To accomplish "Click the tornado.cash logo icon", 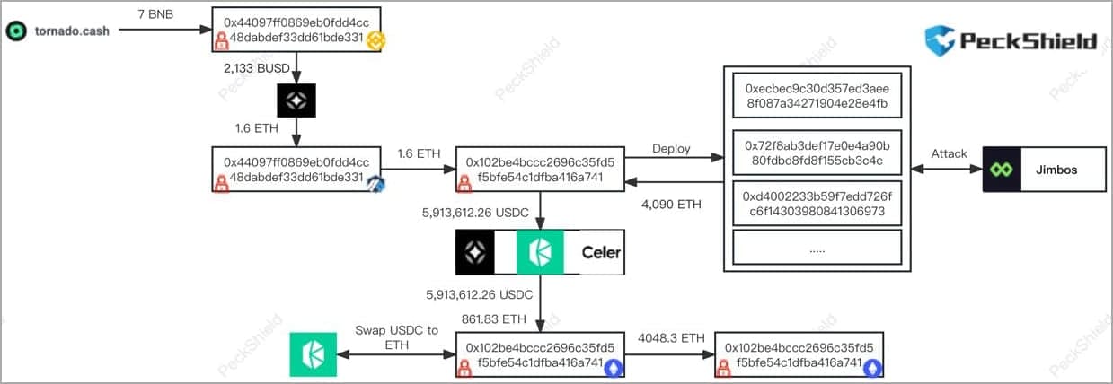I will pyautogui.click(x=15, y=31).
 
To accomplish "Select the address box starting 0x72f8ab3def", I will pyautogui.click(x=817, y=153).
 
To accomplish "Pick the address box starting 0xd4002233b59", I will pyautogui.click(x=817, y=204).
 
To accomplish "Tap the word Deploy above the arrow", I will pyautogui.click(x=671, y=149).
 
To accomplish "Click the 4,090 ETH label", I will pyautogui.click(x=671, y=205).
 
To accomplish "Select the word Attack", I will pyautogui.click(x=949, y=153).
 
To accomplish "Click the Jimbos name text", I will pyautogui.click(x=1063, y=169).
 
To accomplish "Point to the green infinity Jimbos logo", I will pyautogui.click(x=1002, y=169).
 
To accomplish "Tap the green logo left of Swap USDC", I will pyautogui.click(x=313, y=354).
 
